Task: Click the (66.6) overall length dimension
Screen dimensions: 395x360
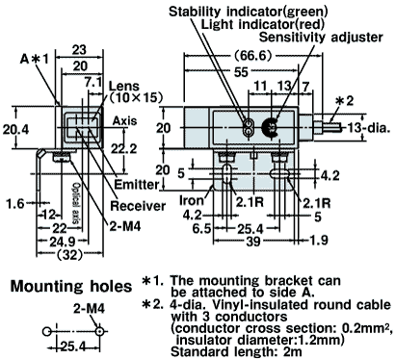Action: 252,56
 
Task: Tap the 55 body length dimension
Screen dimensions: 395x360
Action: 241,72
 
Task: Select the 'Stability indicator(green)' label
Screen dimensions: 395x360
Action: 249,12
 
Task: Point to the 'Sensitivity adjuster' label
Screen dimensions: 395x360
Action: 321,38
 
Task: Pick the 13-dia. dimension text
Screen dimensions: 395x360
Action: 369,128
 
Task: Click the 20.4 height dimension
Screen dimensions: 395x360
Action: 15,129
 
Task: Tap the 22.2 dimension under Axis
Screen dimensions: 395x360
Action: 123,148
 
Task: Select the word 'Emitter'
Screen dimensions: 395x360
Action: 137,185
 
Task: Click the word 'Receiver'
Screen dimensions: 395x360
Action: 138,206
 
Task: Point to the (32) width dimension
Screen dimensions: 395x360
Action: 69,255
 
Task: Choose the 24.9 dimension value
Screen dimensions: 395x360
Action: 62,241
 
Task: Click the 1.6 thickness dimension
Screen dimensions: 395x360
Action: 15,203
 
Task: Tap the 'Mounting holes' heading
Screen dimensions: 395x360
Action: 71,286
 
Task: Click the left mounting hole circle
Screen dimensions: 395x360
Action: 46,331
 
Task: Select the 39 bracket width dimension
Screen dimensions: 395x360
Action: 253,241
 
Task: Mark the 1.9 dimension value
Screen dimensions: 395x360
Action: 319,240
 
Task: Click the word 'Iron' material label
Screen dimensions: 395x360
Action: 192,200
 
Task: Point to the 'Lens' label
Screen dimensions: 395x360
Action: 124,86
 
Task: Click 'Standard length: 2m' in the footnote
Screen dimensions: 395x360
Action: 236,352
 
